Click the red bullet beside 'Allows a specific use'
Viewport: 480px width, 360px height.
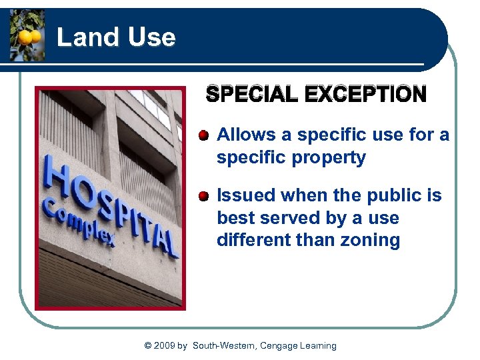click(x=203, y=135)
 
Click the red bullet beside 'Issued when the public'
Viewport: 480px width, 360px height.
click(x=203, y=195)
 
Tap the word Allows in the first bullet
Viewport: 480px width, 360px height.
click(x=246, y=135)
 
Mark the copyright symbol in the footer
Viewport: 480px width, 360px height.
click(x=148, y=345)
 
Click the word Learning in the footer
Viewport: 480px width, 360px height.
click(x=317, y=345)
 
